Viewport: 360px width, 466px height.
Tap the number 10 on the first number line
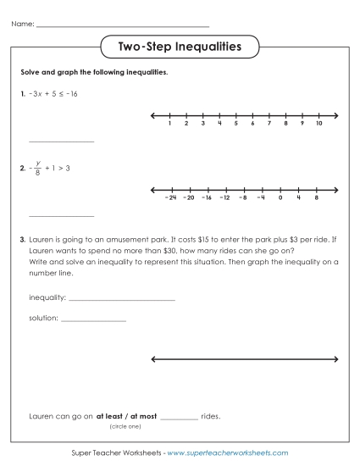tap(318, 124)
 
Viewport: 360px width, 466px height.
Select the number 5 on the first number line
tap(235, 124)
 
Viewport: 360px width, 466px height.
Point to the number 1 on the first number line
tap(170, 124)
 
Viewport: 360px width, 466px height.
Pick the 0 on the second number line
tap(280, 197)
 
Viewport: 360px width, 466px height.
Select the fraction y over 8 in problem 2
tap(37, 168)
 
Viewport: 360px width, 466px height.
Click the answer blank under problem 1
tap(61, 141)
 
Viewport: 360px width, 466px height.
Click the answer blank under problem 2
tap(61, 215)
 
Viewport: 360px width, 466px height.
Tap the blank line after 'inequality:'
tap(121, 300)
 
